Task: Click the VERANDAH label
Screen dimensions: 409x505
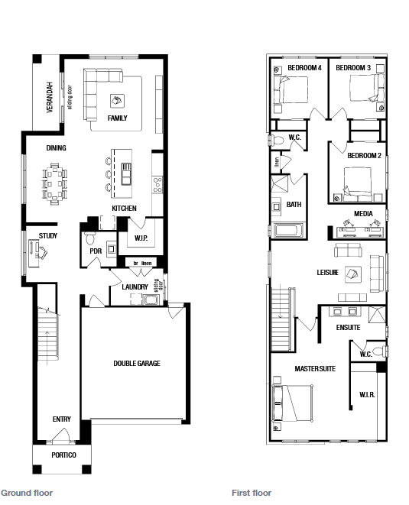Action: [50, 96]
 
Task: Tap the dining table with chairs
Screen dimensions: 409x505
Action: [55, 184]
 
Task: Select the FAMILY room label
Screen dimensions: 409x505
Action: [117, 118]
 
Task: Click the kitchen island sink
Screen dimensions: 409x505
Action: [126, 174]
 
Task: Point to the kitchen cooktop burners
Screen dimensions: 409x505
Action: [157, 185]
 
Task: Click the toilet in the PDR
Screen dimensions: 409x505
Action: [90, 238]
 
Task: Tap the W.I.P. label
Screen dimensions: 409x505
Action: [141, 238]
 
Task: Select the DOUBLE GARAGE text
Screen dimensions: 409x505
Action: [137, 364]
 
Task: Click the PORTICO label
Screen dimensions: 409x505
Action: [63, 455]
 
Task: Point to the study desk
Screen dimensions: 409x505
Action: [34, 253]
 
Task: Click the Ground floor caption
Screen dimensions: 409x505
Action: [27, 493]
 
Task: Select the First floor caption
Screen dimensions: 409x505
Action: [252, 493]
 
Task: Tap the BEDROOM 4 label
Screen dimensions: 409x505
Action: [304, 68]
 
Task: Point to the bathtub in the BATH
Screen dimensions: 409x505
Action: [288, 231]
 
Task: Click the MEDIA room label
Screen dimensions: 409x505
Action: [363, 213]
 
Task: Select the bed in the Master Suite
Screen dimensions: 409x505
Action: [293, 403]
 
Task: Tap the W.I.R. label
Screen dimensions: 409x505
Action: [367, 394]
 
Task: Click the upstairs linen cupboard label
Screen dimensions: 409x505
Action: [277, 162]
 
